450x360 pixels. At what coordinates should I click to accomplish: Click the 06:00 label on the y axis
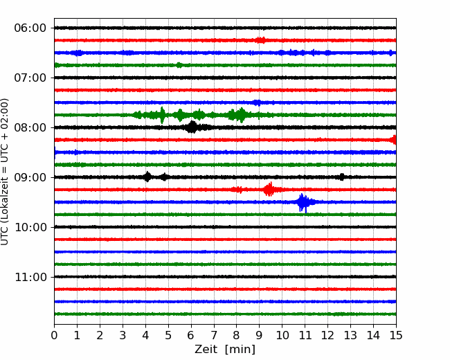point(30,28)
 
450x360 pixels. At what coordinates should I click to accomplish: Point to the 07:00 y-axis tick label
point(30,78)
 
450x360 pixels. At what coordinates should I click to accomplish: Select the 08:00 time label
point(30,127)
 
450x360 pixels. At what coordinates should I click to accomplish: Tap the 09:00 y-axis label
point(30,177)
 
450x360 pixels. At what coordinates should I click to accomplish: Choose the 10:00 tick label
point(30,227)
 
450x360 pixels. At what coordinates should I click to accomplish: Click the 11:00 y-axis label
point(30,277)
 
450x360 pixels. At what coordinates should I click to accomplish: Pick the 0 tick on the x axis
point(54,335)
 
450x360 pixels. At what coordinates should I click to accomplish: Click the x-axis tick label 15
point(396,335)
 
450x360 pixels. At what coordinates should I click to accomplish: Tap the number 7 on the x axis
point(214,335)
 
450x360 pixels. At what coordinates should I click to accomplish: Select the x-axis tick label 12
point(327,335)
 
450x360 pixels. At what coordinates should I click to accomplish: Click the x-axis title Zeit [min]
point(225,350)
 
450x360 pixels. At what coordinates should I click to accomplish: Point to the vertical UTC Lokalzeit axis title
point(4,172)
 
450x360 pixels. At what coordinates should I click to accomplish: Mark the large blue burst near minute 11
point(304,203)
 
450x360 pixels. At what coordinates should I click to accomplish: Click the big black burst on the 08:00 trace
point(192,127)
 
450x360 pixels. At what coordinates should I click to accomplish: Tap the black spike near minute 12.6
point(341,177)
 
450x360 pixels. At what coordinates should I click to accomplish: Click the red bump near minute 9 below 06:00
point(260,40)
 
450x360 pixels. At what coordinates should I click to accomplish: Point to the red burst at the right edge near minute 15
point(394,140)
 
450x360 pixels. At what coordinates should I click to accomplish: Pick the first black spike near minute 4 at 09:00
point(147,177)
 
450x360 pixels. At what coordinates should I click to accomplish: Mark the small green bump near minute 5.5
point(179,65)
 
